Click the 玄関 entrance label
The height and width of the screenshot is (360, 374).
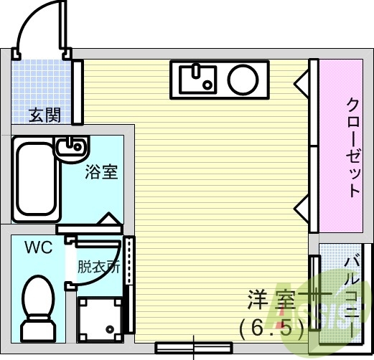tap(45, 115)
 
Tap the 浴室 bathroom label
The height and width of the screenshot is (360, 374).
tap(101, 172)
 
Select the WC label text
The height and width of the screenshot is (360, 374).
tap(38, 248)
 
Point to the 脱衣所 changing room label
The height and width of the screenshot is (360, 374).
tap(98, 267)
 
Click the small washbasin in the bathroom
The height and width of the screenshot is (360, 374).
tap(71, 146)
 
